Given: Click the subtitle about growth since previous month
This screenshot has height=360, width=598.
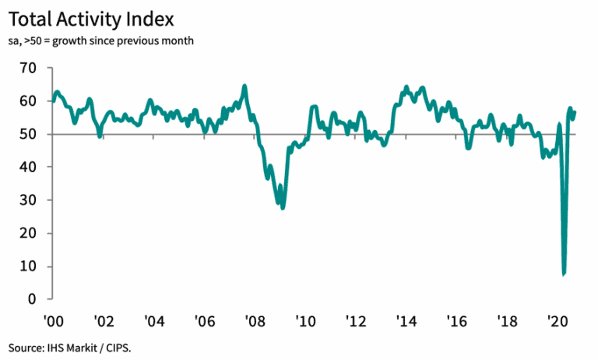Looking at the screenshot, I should [x=101, y=40].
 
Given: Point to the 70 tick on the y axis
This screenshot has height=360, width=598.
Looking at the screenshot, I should [x=28, y=68].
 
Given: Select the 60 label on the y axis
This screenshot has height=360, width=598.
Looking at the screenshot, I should [x=28, y=101].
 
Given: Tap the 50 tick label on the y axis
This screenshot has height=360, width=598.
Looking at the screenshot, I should [x=28, y=134].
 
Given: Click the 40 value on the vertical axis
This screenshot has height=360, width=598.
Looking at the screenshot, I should [x=28, y=167].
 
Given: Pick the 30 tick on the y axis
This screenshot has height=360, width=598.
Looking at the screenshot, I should [x=28, y=200].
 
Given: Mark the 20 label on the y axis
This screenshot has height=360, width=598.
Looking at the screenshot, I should [x=28, y=233].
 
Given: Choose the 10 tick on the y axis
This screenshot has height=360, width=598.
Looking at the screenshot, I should [x=28, y=266].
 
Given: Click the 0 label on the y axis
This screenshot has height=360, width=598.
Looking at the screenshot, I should [x=32, y=299].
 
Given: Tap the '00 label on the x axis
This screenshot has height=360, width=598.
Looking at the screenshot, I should [x=53, y=321].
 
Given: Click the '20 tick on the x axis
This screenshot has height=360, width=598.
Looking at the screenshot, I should [x=556, y=321].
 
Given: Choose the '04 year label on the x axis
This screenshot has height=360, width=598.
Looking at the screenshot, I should [x=154, y=321].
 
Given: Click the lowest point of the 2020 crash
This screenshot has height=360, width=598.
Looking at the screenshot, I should [x=564, y=274].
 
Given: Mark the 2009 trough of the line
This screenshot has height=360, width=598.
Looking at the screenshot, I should [x=283, y=207].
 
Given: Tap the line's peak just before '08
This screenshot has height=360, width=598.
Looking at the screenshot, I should [x=244, y=86].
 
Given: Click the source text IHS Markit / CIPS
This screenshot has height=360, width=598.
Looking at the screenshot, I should [x=76, y=346].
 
